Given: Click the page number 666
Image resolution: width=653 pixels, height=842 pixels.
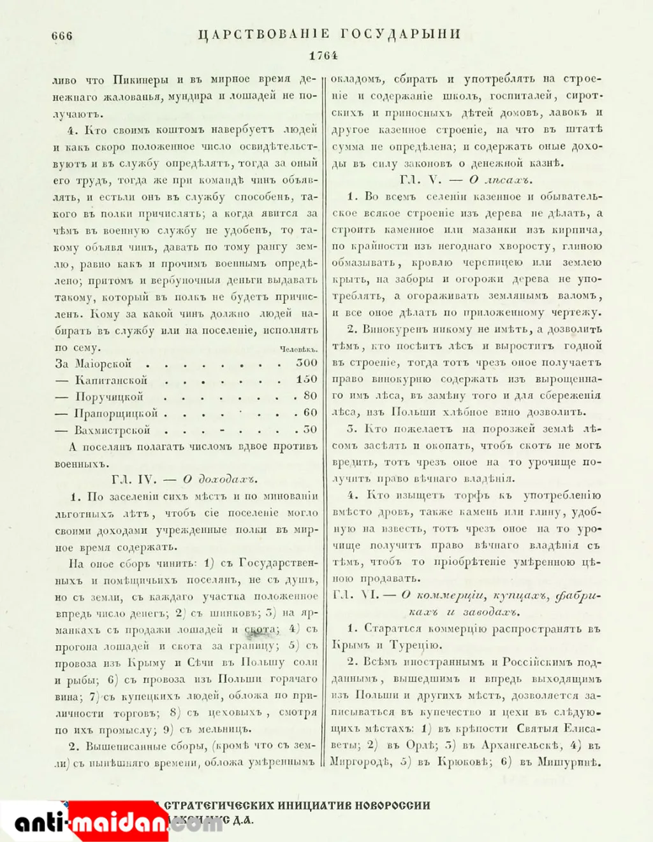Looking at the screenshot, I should coord(62,36).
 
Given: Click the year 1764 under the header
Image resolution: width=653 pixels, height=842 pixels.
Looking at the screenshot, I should coord(323,55).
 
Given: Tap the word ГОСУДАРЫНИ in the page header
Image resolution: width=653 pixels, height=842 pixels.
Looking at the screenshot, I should coord(400,34).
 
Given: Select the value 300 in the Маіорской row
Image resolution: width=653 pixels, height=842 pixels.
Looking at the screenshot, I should coord(307,362).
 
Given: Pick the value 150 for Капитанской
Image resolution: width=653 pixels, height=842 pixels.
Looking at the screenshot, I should coord(307,379).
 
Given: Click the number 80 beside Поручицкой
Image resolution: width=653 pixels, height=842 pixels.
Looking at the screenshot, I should coord(311,396).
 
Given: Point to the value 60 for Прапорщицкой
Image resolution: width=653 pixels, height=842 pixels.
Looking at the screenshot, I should coord(311,412).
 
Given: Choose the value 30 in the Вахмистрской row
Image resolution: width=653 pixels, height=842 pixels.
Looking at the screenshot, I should coord(311,429).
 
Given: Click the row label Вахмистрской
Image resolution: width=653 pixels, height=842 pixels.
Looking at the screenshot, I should coord(112,429).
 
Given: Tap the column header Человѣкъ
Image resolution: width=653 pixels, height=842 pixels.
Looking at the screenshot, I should coord(298,349).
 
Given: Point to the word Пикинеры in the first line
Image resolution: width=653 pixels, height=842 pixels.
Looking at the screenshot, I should coord(140,80).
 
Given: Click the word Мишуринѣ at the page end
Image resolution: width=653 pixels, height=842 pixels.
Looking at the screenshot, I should coord(569,761).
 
